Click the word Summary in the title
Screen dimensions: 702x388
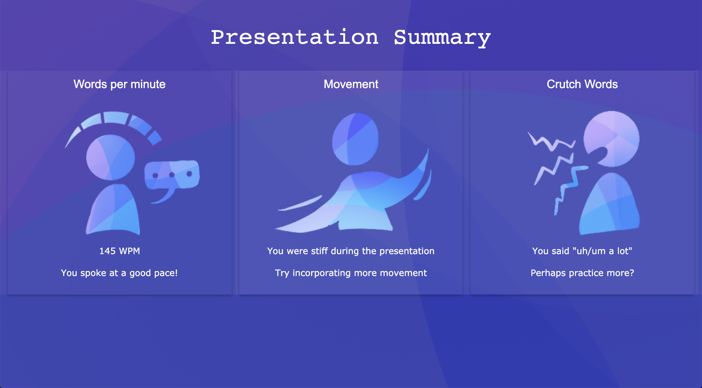pos(442,38)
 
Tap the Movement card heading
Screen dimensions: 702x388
pos(351,84)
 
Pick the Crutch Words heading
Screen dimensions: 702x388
pos(582,84)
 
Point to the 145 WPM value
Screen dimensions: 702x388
pos(120,251)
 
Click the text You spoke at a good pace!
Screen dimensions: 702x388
pos(119,273)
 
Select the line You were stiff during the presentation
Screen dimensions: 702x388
pos(351,251)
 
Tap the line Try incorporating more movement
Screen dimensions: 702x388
pos(351,273)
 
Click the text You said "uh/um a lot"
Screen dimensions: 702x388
pos(582,251)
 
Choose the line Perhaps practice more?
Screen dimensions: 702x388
pos(582,273)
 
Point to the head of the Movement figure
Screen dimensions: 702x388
pos(355,139)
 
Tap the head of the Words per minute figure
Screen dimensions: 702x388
pos(110,157)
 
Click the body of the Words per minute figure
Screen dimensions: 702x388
pos(113,210)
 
